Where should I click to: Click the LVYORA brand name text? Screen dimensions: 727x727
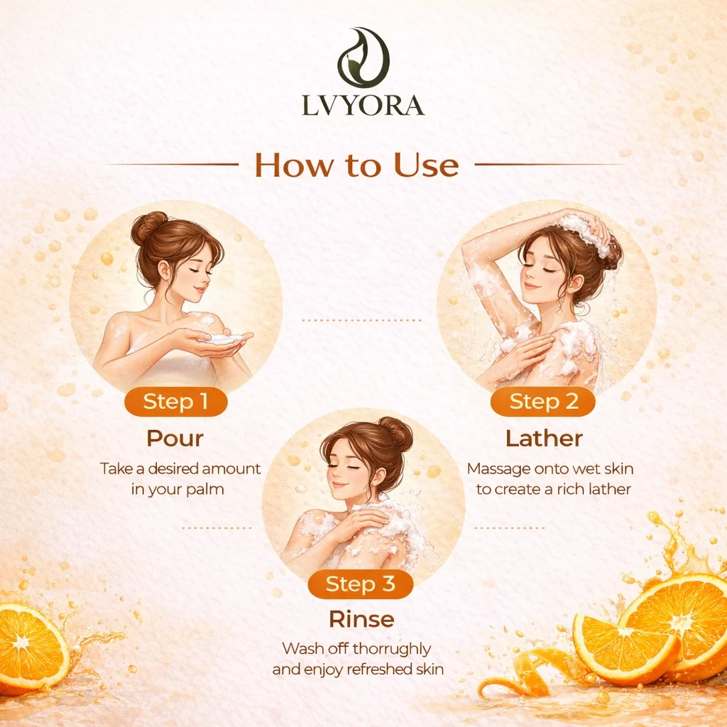[363, 105]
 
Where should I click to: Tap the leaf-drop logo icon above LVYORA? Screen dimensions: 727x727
[363, 58]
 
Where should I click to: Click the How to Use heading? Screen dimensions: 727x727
[356, 165]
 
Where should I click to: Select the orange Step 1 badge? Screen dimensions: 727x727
[176, 402]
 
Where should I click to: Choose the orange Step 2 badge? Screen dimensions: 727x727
[543, 402]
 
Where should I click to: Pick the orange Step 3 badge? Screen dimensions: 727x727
[360, 584]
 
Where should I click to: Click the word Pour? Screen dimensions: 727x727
[175, 438]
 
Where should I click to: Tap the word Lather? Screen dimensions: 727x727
[544, 438]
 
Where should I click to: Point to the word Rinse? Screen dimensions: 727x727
[361, 619]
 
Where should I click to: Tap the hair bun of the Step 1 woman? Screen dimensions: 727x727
[148, 226]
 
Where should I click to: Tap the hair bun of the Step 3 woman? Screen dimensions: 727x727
[395, 434]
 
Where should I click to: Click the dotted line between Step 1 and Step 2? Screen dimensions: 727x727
[361, 320]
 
